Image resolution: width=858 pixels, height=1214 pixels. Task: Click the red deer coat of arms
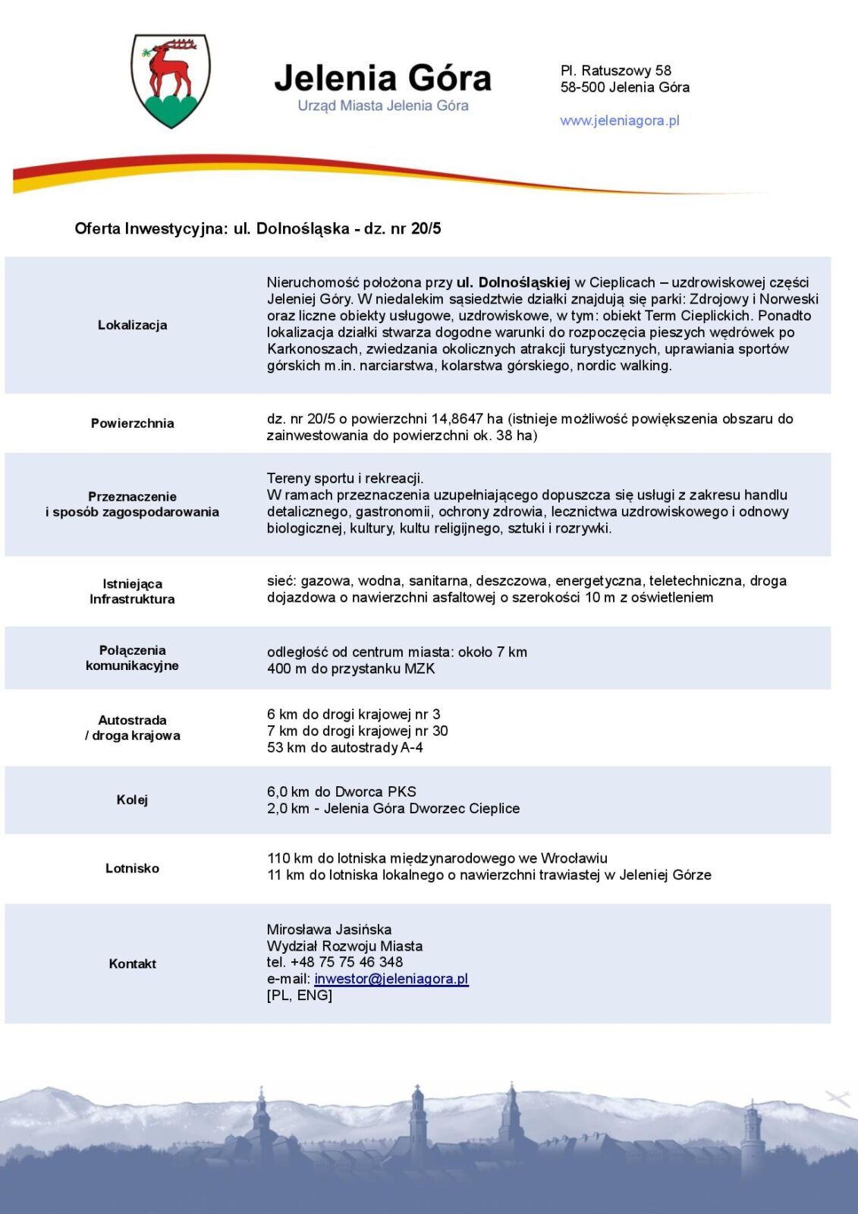[171, 80]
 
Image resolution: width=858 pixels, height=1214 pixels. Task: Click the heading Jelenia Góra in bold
[382, 78]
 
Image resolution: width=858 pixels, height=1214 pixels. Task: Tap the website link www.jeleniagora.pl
[619, 121]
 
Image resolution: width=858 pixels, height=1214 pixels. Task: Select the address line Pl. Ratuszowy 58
[615, 71]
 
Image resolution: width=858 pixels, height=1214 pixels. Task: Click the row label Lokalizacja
[132, 325]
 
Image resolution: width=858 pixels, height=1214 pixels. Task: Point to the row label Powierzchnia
[132, 423]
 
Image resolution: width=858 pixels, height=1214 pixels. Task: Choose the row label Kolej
[132, 800]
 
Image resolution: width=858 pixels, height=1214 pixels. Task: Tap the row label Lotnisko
[132, 868]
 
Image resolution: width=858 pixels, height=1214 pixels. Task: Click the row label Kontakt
[132, 964]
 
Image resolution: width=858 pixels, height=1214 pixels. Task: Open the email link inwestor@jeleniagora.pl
[391, 979]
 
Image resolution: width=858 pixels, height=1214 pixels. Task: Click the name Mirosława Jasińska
[328, 929]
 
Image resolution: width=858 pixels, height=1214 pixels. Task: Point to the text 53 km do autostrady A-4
[344, 747]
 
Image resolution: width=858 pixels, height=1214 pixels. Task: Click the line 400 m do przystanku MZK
[350, 668]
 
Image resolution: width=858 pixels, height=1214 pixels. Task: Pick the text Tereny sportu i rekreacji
[344, 478]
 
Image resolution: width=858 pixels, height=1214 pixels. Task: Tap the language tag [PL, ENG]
[299, 995]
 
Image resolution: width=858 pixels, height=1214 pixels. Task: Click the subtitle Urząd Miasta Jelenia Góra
[382, 106]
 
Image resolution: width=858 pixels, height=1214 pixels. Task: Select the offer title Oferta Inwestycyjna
[150, 228]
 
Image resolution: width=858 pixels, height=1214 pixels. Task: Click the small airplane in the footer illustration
[838, 1098]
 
